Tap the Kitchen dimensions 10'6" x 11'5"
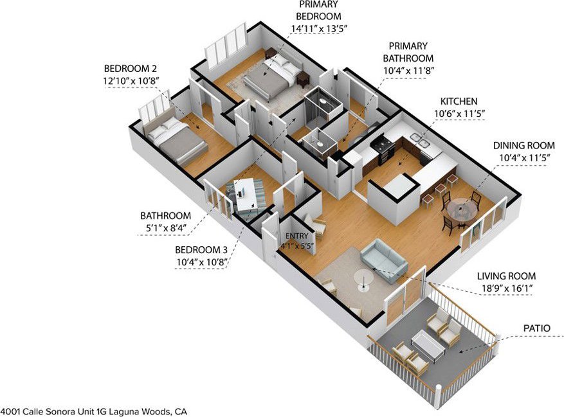pos(460,114)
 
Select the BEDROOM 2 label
pos(130,68)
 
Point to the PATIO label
pos(536,328)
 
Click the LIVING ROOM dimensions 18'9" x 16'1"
pos(507,288)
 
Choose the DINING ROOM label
pos(523,146)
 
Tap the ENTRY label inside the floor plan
pos(296,236)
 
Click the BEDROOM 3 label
pos(201,249)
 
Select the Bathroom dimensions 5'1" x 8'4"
pos(165,228)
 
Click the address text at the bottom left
pos(94,411)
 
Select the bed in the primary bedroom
pos(273,76)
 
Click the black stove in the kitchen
pos(383,147)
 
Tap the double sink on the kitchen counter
pos(421,140)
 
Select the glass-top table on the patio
pos(426,342)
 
